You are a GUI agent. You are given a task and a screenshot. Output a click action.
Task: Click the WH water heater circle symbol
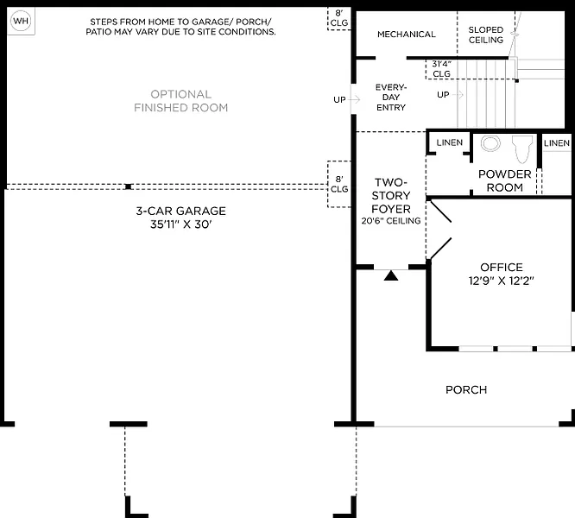click(21, 21)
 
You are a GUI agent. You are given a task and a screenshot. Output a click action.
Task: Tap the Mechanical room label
click(407, 35)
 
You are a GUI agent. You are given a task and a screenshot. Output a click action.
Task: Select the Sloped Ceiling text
click(486, 35)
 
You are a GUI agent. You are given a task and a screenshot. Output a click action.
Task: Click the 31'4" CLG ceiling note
click(441, 69)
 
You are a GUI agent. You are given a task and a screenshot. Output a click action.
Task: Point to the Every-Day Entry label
click(391, 98)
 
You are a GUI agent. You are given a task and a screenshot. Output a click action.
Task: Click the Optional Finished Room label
click(180, 101)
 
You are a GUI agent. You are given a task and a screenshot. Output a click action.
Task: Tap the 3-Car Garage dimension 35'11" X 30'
click(180, 224)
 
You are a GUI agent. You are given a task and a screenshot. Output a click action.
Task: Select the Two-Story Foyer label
click(391, 196)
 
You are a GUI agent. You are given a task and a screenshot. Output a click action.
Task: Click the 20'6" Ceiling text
click(391, 221)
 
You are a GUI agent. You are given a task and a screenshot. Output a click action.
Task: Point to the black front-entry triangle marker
click(391, 275)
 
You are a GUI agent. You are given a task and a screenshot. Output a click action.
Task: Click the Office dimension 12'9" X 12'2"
click(502, 281)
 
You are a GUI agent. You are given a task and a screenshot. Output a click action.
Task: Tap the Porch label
click(466, 389)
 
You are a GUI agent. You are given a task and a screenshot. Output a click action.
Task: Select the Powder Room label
click(505, 180)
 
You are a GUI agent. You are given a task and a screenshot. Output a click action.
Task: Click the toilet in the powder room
click(522, 148)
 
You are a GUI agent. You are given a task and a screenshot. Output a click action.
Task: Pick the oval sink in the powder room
click(490, 143)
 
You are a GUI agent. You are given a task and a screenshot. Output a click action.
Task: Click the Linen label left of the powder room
click(450, 142)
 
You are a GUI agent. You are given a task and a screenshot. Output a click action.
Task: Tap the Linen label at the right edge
click(557, 143)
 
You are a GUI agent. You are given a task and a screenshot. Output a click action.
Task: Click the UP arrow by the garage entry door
click(355, 99)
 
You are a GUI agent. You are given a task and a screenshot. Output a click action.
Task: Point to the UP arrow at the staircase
click(458, 95)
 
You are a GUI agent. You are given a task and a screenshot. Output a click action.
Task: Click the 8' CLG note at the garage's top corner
click(339, 18)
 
